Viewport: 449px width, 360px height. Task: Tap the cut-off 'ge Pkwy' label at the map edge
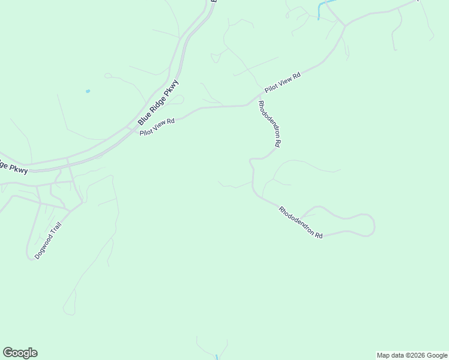click(13, 167)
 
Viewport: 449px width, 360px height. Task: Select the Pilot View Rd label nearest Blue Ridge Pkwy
click(157, 127)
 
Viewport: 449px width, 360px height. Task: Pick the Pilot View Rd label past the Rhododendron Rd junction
click(282, 82)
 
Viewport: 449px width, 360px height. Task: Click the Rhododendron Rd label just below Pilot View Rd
click(270, 124)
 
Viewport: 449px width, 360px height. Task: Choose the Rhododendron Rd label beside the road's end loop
click(301, 223)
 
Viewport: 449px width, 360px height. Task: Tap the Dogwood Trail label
click(48, 240)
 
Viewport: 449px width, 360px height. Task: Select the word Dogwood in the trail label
click(43, 247)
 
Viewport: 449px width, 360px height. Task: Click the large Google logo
click(20, 353)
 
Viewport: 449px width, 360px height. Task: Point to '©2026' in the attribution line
click(414, 355)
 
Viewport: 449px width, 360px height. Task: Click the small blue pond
click(88, 91)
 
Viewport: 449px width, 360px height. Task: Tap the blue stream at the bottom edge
click(217, 357)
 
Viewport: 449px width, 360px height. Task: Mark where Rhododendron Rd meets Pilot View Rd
click(257, 98)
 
